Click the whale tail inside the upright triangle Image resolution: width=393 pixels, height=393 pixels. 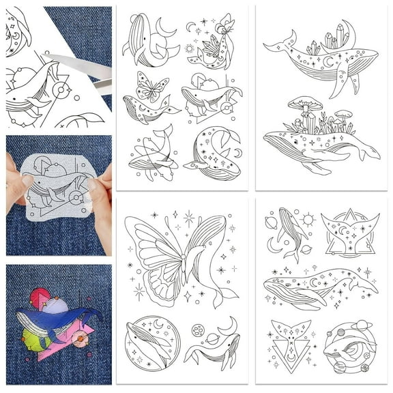coord(350,233)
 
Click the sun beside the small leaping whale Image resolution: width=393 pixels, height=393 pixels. coord(308,219)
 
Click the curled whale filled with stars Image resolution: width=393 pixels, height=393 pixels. coord(213,156)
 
